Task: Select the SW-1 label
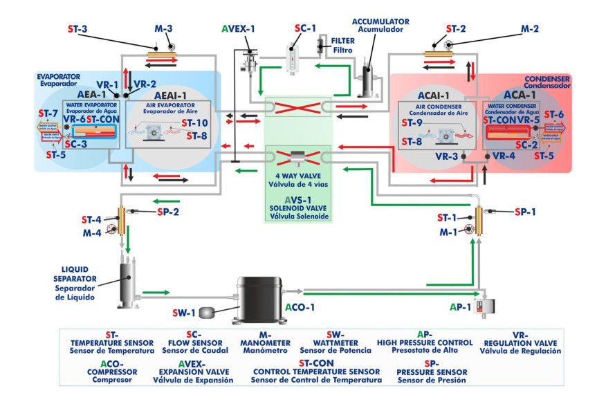tap(184, 313)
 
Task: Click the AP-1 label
tap(461, 306)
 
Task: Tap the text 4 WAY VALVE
tap(297, 176)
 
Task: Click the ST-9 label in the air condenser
tap(413, 122)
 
